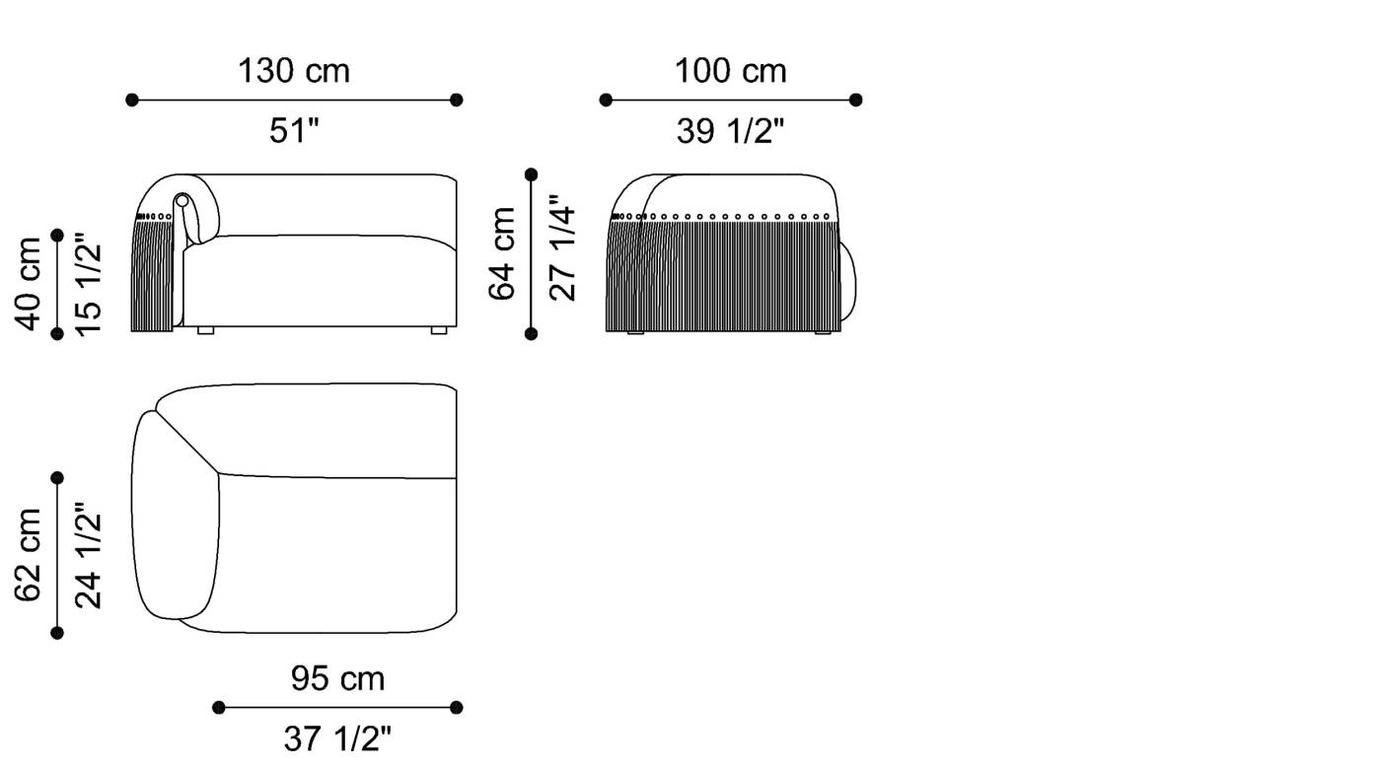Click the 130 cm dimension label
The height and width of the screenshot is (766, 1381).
point(293,71)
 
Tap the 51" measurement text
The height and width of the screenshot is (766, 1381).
point(294,131)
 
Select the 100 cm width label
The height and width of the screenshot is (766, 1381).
point(730,71)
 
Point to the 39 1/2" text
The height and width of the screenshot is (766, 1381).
point(730,131)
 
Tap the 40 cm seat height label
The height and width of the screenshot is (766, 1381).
point(30,284)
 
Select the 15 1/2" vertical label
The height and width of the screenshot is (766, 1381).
point(89,284)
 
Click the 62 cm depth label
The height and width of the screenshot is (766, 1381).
point(30,555)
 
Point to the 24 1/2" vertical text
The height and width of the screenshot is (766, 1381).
point(89,555)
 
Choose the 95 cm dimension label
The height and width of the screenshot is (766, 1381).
point(337,679)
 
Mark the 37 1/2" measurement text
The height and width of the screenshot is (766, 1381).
point(337,738)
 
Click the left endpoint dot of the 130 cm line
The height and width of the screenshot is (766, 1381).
point(132,100)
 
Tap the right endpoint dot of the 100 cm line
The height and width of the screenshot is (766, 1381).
point(855,100)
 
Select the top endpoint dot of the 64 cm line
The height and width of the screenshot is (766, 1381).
point(532,174)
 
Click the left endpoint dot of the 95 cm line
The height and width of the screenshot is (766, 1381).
point(219,707)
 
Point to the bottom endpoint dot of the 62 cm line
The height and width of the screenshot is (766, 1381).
point(57,633)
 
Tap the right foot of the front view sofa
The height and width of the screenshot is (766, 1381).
point(438,332)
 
